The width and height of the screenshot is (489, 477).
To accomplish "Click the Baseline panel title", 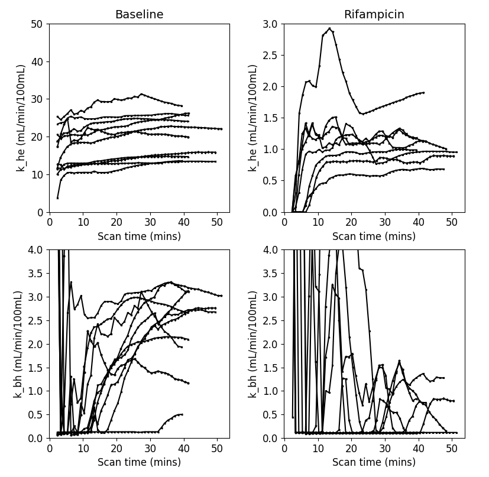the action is tap(139, 14).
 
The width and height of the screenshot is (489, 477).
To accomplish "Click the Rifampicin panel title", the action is tap(374, 14).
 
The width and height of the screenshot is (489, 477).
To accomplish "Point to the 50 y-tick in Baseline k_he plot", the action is tap(37, 24).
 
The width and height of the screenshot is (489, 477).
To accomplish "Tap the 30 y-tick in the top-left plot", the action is tap(37, 99).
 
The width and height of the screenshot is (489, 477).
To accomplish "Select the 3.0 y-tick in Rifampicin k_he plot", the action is tap(270, 24).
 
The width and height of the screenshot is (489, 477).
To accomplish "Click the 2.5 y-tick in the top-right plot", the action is tap(270, 55).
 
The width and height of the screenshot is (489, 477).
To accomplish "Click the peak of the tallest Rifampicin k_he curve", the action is tap(329, 28).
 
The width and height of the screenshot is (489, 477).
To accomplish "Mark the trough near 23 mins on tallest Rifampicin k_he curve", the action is tap(362, 114).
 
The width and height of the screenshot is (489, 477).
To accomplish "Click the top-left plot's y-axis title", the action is tap(21, 118).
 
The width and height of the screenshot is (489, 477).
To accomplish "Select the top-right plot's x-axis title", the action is tap(374, 236).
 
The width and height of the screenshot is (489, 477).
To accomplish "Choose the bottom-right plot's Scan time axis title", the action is tap(374, 462).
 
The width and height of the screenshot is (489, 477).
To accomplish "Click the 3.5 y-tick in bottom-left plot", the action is tap(35, 274).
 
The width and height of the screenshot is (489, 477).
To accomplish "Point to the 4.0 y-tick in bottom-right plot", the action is tap(270, 249).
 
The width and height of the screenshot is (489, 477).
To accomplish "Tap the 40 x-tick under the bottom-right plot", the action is tap(418, 449).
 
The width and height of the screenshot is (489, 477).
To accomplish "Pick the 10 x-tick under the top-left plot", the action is tap(83, 223).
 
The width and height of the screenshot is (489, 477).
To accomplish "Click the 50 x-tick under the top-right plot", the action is tap(452, 223).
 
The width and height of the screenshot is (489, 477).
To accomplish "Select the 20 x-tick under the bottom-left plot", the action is tap(116, 449).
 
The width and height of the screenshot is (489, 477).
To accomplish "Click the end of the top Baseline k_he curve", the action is tap(182, 106).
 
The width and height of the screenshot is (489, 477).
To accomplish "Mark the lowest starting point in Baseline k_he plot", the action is tap(58, 198).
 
